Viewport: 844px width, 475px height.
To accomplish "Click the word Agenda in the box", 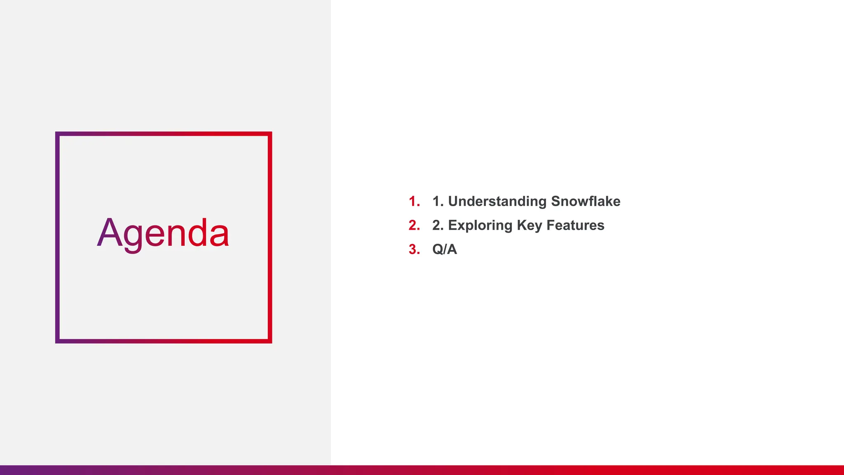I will [163, 233].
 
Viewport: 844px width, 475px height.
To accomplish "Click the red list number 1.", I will [414, 201].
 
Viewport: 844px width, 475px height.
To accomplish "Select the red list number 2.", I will [414, 225].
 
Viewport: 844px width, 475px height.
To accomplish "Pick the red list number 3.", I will [414, 249].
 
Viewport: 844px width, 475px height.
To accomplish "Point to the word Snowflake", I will [586, 201].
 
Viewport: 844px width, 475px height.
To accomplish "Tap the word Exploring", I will [480, 226].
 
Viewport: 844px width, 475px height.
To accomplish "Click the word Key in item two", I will [530, 226].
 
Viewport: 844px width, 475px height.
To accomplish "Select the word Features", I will [575, 225].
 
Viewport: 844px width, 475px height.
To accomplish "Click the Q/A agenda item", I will [444, 249].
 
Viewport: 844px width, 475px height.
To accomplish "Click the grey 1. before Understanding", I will [437, 201].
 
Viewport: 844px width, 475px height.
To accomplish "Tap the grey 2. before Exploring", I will [437, 225].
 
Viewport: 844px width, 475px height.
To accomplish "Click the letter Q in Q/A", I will [438, 249].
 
